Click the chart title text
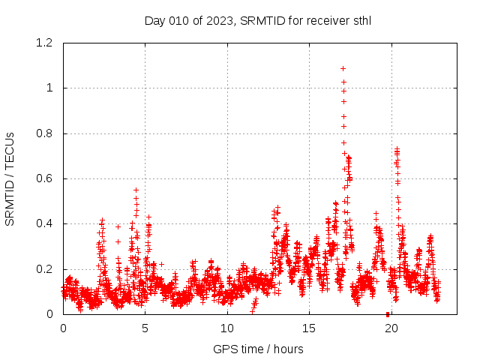(x=257, y=20)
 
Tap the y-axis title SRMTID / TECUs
(x=10, y=178)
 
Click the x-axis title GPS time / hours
(x=257, y=349)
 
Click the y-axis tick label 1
(x=50, y=88)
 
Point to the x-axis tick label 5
(x=145, y=328)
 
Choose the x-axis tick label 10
(x=227, y=328)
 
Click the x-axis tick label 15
(x=309, y=328)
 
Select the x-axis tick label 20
(x=391, y=328)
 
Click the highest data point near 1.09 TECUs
(x=343, y=68)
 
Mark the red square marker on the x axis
(x=388, y=313)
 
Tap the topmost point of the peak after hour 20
(x=397, y=149)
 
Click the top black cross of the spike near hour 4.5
(x=136, y=190)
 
